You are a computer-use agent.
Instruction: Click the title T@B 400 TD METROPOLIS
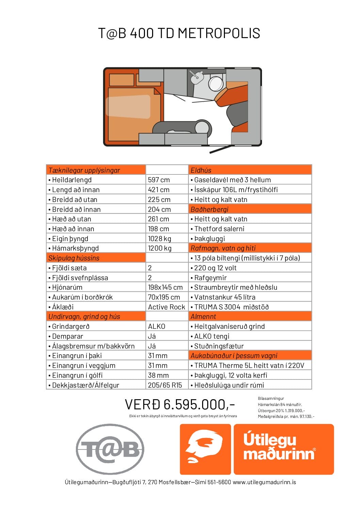point(179,33)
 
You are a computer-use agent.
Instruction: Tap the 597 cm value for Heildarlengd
point(159,180)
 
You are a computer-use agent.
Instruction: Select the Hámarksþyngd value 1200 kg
point(160,248)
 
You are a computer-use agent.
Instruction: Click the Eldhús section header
point(201,170)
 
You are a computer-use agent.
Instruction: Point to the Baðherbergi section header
point(209,209)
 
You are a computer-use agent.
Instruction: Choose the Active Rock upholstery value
point(166,307)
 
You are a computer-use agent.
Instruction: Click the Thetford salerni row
point(219,229)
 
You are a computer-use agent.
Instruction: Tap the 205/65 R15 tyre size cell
point(165,385)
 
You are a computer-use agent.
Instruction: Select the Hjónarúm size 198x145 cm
point(165,287)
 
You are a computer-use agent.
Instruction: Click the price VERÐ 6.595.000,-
point(180,405)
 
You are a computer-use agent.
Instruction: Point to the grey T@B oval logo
point(110,449)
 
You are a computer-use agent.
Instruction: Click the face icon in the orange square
point(205,449)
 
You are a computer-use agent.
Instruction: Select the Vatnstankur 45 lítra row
point(225,297)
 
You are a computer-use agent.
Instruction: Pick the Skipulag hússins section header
point(74,258)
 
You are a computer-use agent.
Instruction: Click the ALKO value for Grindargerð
point(157,326)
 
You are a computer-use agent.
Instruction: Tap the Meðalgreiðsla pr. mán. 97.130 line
point(286,417)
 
